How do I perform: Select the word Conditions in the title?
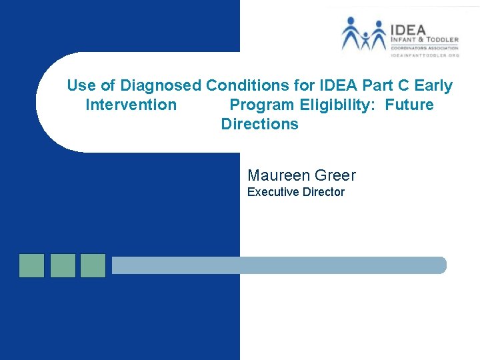click(x=245, y=86)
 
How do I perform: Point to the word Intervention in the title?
click(x=131, y=105)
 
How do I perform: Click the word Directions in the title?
click(x=259, y=125)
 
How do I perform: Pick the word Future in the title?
click(x=409, y=105)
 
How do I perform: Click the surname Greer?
click(x=335, y=176)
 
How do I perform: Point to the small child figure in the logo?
click(x=365, y=41)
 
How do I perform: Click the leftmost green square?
click(x=31, y=265)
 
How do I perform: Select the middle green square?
click(x=63, y=265)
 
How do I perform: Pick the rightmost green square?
click(x=93, y=265)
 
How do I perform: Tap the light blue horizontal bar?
click(x=279, y=265)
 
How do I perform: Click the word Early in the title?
click(x=433, y=86)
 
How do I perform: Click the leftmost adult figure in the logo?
click(x=351, y=33)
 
